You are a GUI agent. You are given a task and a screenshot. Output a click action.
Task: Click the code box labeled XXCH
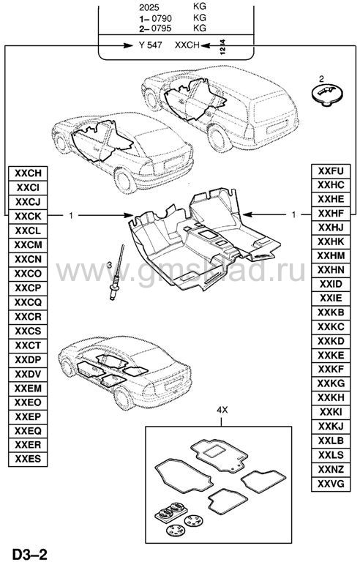point(28,173)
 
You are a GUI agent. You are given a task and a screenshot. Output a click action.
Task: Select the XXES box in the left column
point(28,459)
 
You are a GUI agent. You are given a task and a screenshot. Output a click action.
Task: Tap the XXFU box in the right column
point(331,171)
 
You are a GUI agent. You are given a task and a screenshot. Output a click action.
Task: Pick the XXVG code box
point(331,484)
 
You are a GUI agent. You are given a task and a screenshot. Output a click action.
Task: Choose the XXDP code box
point(28,359)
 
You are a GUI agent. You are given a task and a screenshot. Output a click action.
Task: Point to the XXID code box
point(331,284)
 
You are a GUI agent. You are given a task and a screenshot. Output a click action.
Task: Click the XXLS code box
point(331,455)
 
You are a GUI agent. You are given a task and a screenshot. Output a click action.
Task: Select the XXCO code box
point(28,274)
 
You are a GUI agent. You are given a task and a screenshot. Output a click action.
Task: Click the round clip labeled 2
point(326,94)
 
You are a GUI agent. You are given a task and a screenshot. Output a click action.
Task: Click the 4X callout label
point(222,410)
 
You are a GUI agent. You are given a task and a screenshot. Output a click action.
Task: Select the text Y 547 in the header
point(150,45)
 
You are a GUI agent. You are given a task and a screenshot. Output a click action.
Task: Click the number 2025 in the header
point(149,7)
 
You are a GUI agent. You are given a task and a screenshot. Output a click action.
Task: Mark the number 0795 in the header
point(161,28)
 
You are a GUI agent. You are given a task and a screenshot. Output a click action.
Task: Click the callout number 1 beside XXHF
point(294,214)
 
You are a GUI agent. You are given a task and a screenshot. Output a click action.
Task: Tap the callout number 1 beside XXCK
point(71,215)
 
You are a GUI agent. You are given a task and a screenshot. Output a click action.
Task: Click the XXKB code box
point(331,312)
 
